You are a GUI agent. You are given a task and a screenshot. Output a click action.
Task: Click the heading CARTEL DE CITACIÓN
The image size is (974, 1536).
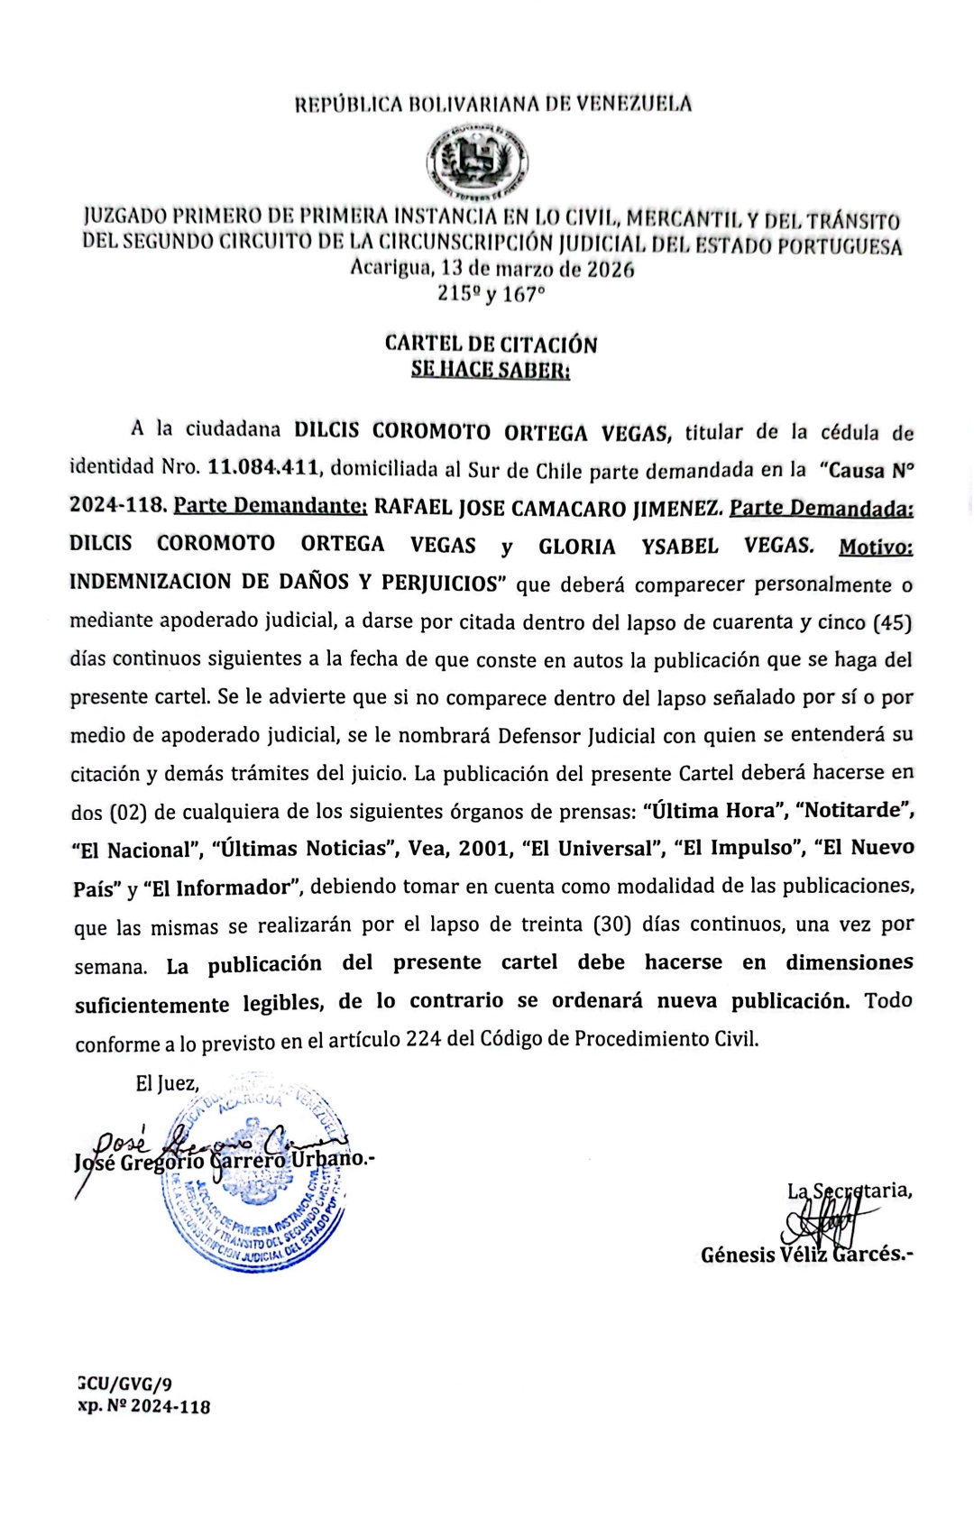click(491, 344)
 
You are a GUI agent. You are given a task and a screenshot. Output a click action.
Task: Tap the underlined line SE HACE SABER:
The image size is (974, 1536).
click(491, 370)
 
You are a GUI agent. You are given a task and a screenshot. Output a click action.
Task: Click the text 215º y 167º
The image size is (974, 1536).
click(492, 294)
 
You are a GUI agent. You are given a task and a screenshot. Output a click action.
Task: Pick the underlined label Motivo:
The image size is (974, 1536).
click(875, 547)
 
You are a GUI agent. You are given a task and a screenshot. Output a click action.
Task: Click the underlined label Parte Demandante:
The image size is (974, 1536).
click(270, 507)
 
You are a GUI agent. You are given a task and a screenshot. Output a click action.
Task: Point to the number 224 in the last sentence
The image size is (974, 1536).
click(424, 1039)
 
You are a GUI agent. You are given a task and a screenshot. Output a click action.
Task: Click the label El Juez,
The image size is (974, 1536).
click(167, 1083)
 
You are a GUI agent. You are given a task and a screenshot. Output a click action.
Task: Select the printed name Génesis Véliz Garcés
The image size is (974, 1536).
click(806, 1255)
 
